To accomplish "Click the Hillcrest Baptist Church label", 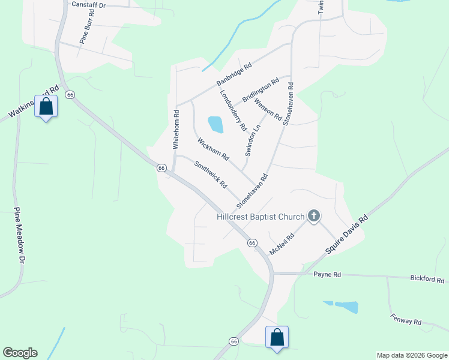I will pos(261,216).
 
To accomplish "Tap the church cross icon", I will pos(313,215).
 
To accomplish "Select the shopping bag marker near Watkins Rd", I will pos(46,107).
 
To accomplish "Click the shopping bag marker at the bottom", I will pos(277,337).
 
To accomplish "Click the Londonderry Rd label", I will pos(233,110).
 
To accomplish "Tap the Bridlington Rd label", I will pos(261,89).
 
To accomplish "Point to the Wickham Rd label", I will pos(213,149).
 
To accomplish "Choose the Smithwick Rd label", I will pos(210,174).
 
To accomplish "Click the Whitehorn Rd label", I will pos(176,129).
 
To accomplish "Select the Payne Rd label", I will pos(327,274).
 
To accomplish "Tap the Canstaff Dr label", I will pos(88,4).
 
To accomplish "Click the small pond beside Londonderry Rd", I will pos(215,124).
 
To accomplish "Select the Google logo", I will pos(20,353).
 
